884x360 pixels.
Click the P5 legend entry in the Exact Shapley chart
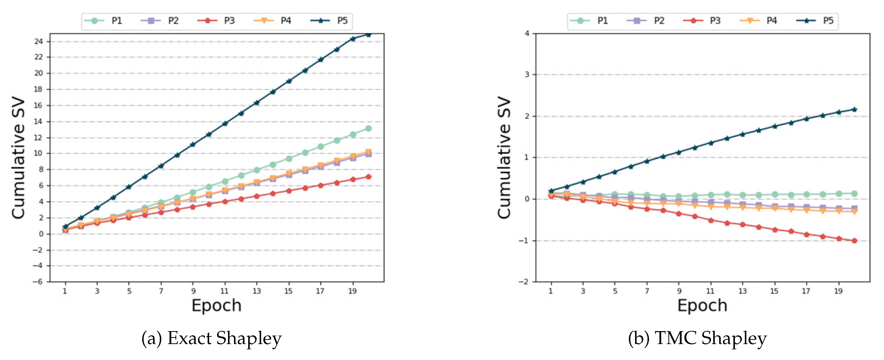pyautogui.click(x=329, y=21)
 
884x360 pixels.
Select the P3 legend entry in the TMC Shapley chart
pyautogui.click(x=704, y=21)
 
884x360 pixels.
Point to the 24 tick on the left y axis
pyautogui.click(x=38, y=42)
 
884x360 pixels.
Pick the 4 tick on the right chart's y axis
pyautogui.click(x=527, y=34)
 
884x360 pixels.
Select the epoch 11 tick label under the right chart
pyautogui.click(x=710, y=291)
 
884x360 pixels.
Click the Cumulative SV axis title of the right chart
pyautogui.click(x=504, y=158)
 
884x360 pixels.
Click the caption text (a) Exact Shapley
pyautogui.click(x=211, y=338)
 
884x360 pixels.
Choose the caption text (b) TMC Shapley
pyautogui.click(x=697, y=338)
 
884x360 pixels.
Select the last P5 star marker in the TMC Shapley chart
pyautogui.click(x=854, y=110)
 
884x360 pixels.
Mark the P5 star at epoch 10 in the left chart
pyautogui.click(x=209, y=134)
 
